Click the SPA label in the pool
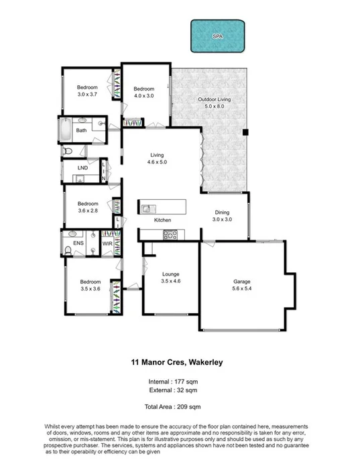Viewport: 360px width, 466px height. pyautogui.click(x=217, y=37)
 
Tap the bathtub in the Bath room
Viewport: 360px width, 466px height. pyautogui.click(x=65, y=130)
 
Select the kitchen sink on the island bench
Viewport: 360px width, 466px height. pyautogui.click(x=148, y=207)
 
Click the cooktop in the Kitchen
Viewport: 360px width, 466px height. pyautogui.click(x=170, y=235)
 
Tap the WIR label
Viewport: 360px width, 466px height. pyautogui.click(x=107, y=245)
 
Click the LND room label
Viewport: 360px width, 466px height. pyautogui.click(x=82, y=168)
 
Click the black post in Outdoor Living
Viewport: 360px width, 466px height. pyautogui.click(x=245, y=131)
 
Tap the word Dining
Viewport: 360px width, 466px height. pyautogui.click(x=222, y=212)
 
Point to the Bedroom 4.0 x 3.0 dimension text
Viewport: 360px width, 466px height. pyautogui.click(x=143, y=96)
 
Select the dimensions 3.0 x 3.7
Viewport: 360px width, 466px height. pyautogui.click(x=87, y=95)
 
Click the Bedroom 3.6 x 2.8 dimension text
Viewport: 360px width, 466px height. pyautogui.click(x=88, y=211)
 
